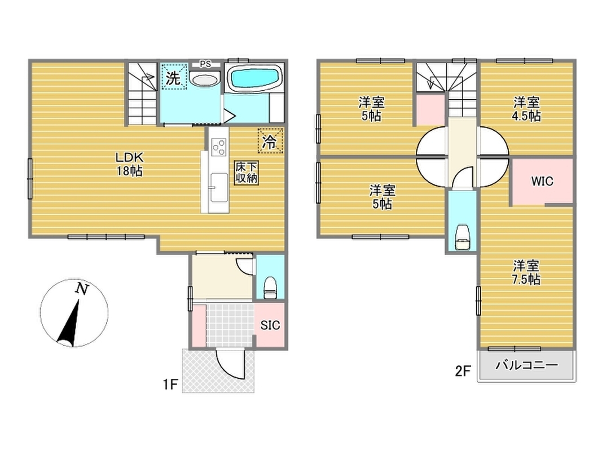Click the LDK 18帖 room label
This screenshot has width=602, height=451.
[129, 163]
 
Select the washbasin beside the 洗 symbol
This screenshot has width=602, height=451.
[205, 80]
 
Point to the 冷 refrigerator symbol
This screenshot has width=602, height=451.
[270, 141]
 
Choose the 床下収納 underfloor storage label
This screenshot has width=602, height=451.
[246, 173]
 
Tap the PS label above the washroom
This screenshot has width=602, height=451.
[205, 64]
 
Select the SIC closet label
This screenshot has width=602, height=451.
[270, 325]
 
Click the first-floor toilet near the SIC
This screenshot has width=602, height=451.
[270, 288]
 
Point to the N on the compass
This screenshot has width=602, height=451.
[82, 289]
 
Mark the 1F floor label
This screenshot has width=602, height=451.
[170, 384]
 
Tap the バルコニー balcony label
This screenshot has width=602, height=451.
[526, 365]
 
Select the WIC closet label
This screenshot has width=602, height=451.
[542, 181]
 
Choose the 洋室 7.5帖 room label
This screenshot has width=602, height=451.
[526, 272]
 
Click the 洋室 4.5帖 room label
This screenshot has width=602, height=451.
[526, 109]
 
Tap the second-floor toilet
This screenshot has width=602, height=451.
[463, 238]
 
